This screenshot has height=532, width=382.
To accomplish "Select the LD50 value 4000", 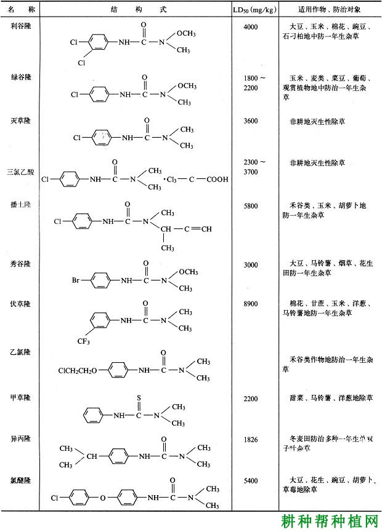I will [251, 28].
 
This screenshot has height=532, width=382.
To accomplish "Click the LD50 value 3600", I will [251, 121].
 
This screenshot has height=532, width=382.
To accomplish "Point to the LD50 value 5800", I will [251, 206].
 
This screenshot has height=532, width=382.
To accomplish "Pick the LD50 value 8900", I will [251, 304].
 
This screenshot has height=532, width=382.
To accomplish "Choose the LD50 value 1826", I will [251, 438].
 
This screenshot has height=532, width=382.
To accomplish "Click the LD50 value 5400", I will [251, 480].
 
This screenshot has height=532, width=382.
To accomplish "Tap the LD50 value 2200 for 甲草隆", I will [251, 399].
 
